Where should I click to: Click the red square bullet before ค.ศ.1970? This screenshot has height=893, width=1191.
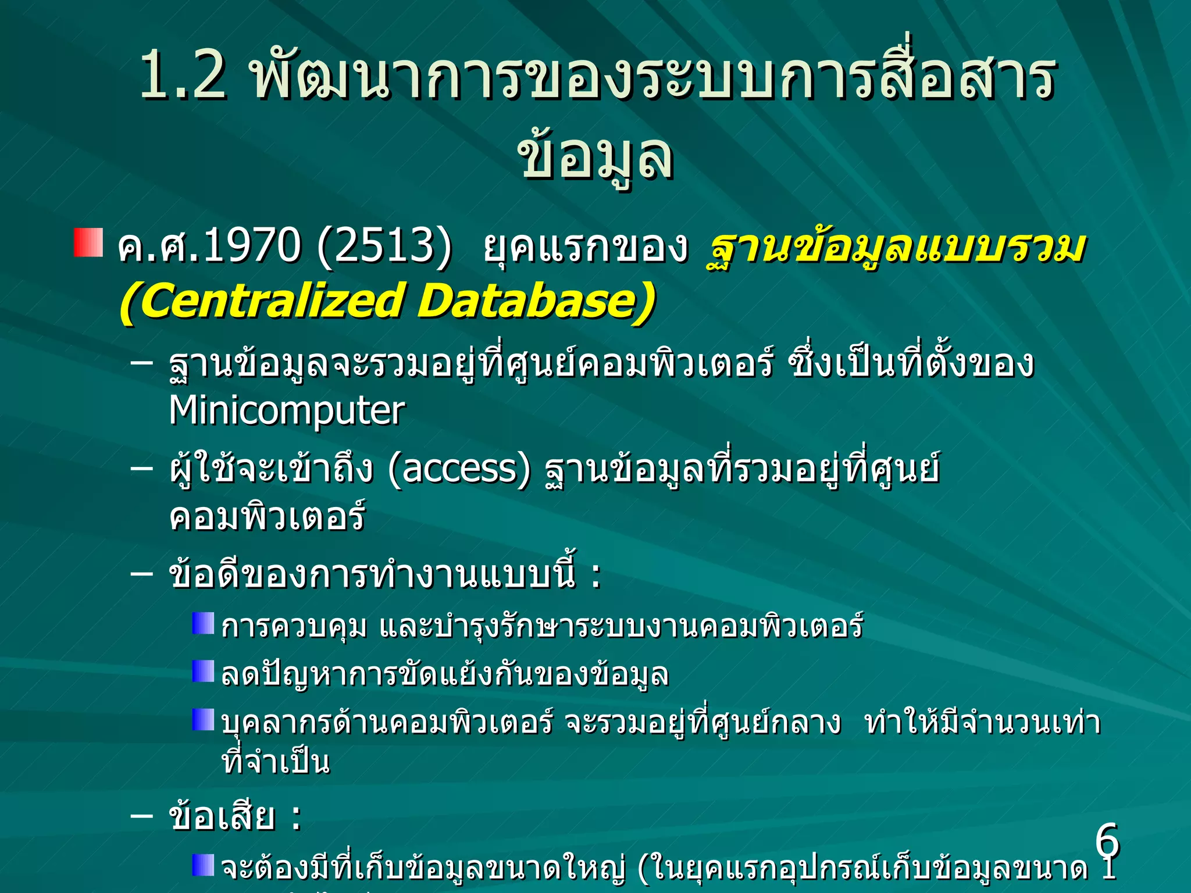click(88, 242)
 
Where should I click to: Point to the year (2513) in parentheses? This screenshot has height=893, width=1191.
click(384, 246)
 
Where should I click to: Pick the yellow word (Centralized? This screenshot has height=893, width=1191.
click(262, 301)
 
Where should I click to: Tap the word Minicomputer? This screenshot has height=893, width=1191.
click(286, 411)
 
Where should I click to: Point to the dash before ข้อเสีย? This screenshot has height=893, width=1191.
click(141, 816)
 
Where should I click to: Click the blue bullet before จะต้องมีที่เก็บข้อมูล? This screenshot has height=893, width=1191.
click(203, 865)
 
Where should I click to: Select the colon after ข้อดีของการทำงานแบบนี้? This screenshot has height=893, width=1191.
click(595, 577)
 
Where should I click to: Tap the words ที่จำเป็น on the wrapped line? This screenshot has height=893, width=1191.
click(276, 762)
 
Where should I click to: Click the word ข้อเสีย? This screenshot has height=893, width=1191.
click(221, 816)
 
